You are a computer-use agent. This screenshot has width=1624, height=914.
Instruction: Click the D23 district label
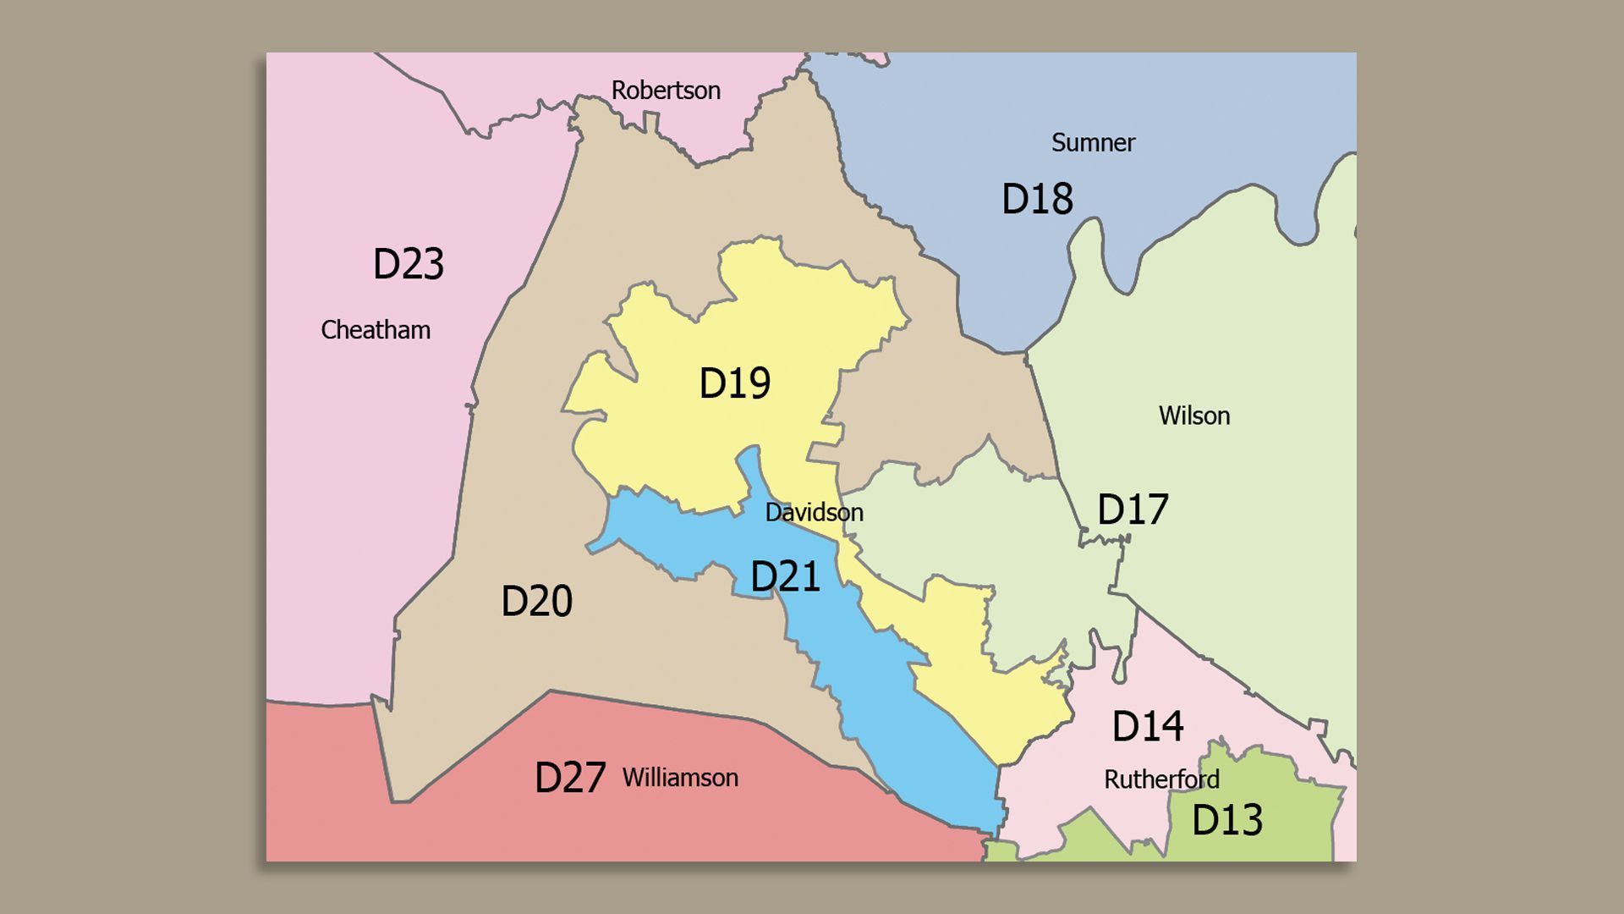[409, 264]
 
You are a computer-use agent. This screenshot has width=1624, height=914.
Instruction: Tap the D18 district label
[1037, 199]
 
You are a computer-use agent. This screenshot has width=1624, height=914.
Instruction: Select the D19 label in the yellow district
[734, 383]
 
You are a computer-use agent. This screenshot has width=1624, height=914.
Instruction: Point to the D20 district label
[536, 602]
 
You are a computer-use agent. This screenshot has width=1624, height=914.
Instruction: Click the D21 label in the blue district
[785, 577]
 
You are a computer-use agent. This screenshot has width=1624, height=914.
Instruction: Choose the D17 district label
[1133, 509]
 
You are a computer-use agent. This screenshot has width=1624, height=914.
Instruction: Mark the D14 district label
[1147, 726]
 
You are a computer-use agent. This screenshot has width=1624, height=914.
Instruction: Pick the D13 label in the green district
[1226, 820]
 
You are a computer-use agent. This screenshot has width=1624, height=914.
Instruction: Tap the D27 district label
[570, 778]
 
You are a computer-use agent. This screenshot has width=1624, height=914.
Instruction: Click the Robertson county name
[666, 91]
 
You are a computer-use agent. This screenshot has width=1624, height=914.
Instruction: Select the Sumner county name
[1093, 143]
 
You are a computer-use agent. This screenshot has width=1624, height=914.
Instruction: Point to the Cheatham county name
[376, 330]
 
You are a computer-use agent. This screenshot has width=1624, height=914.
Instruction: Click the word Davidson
[814, 513]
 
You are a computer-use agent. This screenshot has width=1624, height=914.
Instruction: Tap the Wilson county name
[1193, 416]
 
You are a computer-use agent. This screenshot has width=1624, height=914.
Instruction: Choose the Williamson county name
[680, 778]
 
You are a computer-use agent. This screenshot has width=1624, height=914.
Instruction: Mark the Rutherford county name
[1161, 779]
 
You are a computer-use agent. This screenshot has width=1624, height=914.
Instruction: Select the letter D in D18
[1013, 199]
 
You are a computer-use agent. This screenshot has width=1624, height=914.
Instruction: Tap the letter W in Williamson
[633, 778]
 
